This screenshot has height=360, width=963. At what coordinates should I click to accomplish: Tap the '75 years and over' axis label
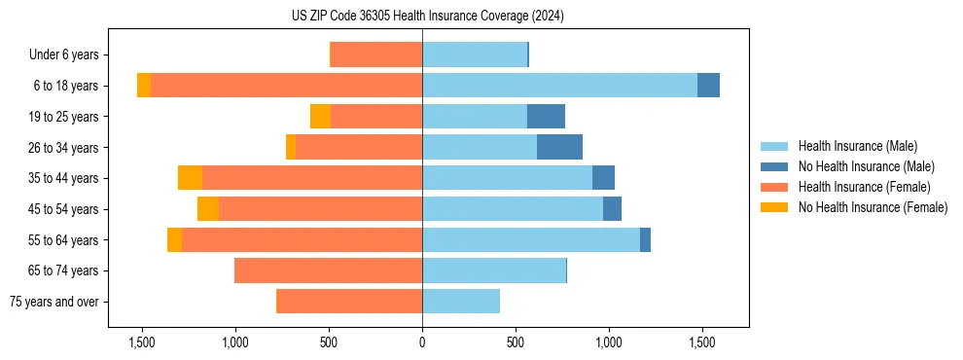point(53,302)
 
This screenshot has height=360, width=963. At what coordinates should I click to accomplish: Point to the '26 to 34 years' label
point(63,148)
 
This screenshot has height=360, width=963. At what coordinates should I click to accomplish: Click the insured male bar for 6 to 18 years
point(559,86)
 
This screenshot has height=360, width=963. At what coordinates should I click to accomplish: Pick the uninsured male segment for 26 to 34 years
point(559,147)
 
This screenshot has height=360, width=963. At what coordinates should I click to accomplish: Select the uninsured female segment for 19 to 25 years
point(320,117)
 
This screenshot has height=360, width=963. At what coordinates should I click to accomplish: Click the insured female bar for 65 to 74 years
point(328,270)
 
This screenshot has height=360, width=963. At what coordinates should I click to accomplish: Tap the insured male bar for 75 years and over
point(461,302)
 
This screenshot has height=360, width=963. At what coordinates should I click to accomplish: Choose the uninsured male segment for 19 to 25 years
point(546,117)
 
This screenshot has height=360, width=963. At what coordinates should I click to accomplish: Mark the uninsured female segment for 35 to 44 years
point(190,178)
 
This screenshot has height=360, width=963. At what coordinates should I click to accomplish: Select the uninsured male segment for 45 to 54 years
point(612,209)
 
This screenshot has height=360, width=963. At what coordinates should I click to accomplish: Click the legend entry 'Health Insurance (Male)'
point(857,146)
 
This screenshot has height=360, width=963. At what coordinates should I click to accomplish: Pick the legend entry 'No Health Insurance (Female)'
point(873,207)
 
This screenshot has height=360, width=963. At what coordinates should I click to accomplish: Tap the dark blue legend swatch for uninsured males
point(775,166)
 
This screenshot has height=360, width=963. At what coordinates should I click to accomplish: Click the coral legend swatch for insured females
point(775,187)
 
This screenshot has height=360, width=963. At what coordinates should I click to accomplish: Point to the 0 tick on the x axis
point(422,342)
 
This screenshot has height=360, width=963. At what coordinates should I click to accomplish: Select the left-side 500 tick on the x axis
point(329,342)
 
